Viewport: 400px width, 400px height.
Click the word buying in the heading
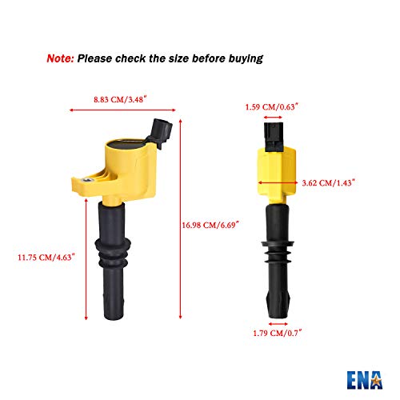click(x=242, y=58)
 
